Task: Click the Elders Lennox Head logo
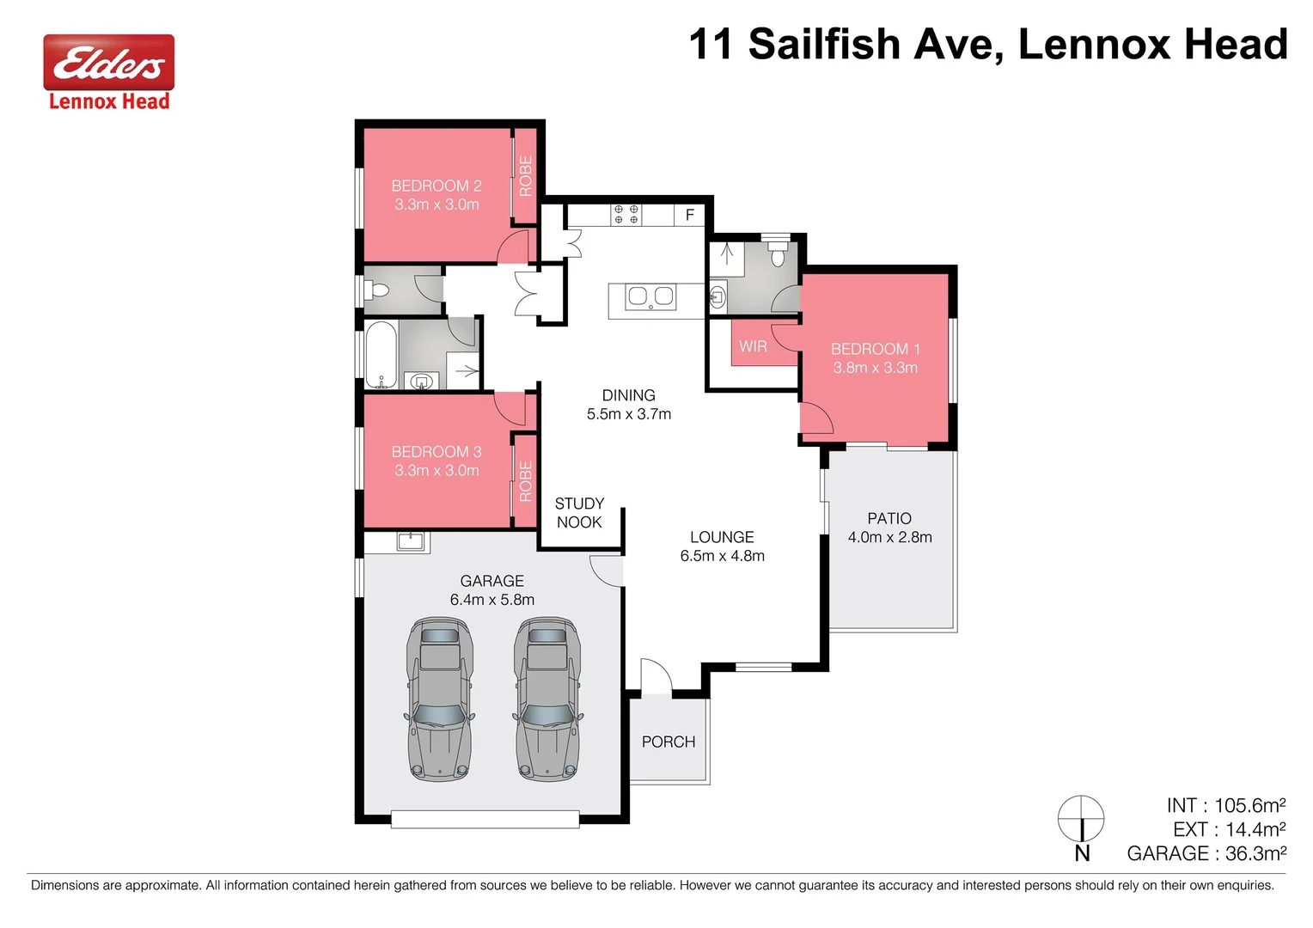coord(109,74)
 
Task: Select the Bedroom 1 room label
coord(875,349)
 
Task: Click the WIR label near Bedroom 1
coord(753,346)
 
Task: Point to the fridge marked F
coord(689,215)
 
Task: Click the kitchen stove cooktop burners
coord(626,214)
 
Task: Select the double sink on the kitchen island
coord(650,296)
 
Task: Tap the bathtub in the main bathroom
coord(380,355)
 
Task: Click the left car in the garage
coord(440,699)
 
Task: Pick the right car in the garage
coord(547,699)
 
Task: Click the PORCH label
coord(669,742)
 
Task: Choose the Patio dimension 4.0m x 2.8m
coord(889,538)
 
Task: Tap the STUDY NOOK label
coord(579,513)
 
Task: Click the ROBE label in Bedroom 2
coord(525,175)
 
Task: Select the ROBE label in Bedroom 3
coord(525,480)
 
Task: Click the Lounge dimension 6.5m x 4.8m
coord(722,556)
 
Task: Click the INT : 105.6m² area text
coord(1225,805)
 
